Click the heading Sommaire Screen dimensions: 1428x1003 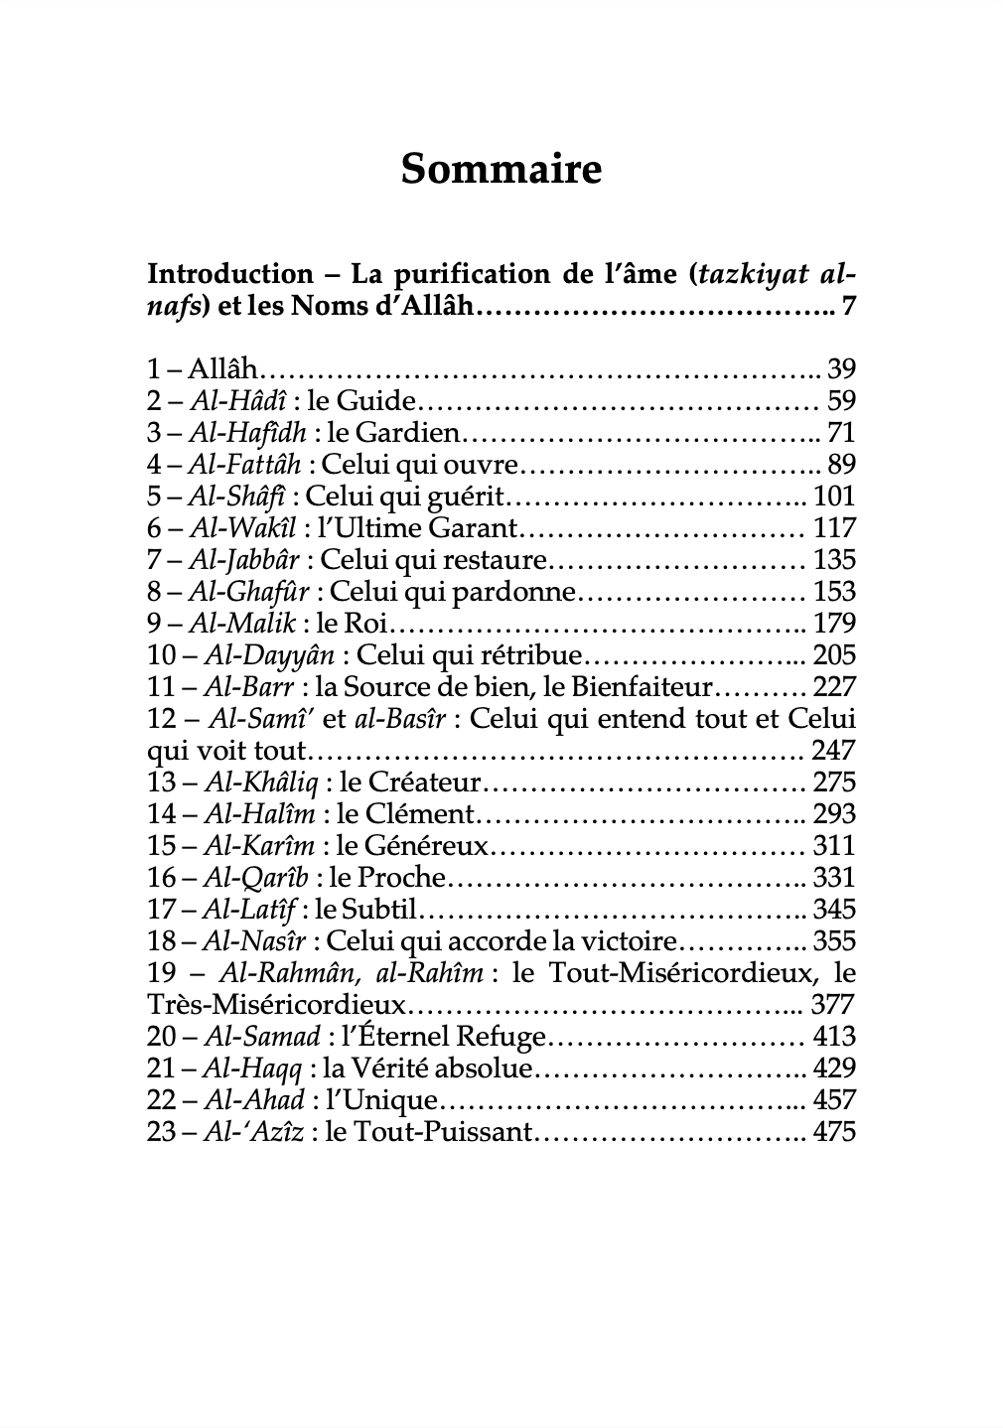pyautogui.click(x=501, y=170)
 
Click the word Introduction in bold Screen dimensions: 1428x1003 pyautogui.click(x=229, y=273)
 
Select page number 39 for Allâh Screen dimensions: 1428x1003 pyautogui.click(x=841, y=369)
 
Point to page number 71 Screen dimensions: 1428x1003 pyautogui.click(x=841, y=433)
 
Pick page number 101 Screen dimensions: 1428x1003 pyautogui.click(x=834, y=497)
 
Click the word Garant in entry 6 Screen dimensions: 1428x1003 pyautogui.click(x=474, y=528)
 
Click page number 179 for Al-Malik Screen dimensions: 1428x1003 pyautogui.click(x=834, y=624)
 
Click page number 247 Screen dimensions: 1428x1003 pyautogui.click(x=834, y=751)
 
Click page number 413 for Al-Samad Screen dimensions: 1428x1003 pyautogui.click(x=834, y=1037)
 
